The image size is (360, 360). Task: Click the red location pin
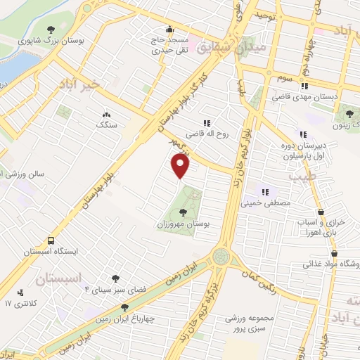coord(181,166)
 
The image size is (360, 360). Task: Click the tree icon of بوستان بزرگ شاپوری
coord(51,30)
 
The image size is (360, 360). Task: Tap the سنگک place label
coord(106,124)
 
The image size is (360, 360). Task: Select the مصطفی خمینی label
coord(264,204)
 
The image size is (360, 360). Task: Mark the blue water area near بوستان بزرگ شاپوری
coord(14,67)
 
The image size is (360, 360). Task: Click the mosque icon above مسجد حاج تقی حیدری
coord(168,30)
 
